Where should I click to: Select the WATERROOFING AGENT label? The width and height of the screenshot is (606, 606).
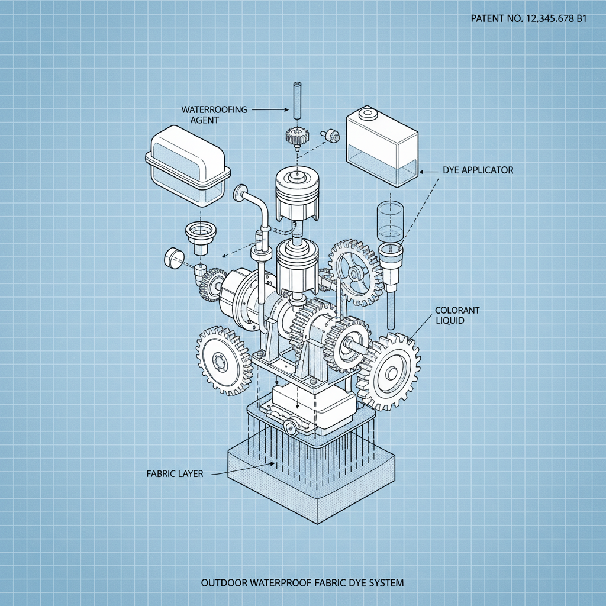pos(214,114)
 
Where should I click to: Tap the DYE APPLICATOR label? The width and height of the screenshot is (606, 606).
pos(478,170)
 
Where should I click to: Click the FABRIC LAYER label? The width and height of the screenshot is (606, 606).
pos(175,473)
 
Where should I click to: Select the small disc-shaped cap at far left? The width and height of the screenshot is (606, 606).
pos(173,257)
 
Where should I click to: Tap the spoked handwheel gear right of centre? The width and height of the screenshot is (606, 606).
pos(354,273)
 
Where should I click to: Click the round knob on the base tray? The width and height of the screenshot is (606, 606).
pos(291,427)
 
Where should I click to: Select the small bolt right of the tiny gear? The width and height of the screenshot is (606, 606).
pos(331,136)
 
